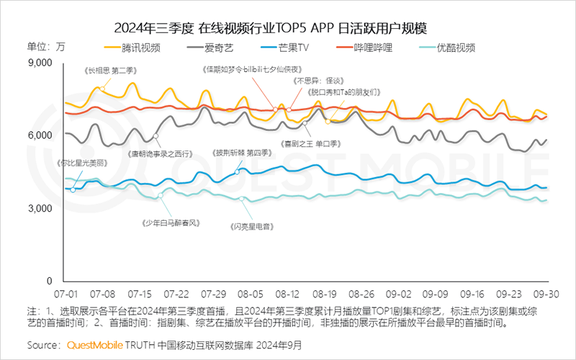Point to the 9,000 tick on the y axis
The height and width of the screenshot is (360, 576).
40,63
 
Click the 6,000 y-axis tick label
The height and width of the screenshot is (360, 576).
40,136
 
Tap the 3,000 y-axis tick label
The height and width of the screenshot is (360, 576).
40,209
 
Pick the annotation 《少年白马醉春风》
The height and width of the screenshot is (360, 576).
171,223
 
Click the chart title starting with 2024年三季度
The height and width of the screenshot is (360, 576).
271,28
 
